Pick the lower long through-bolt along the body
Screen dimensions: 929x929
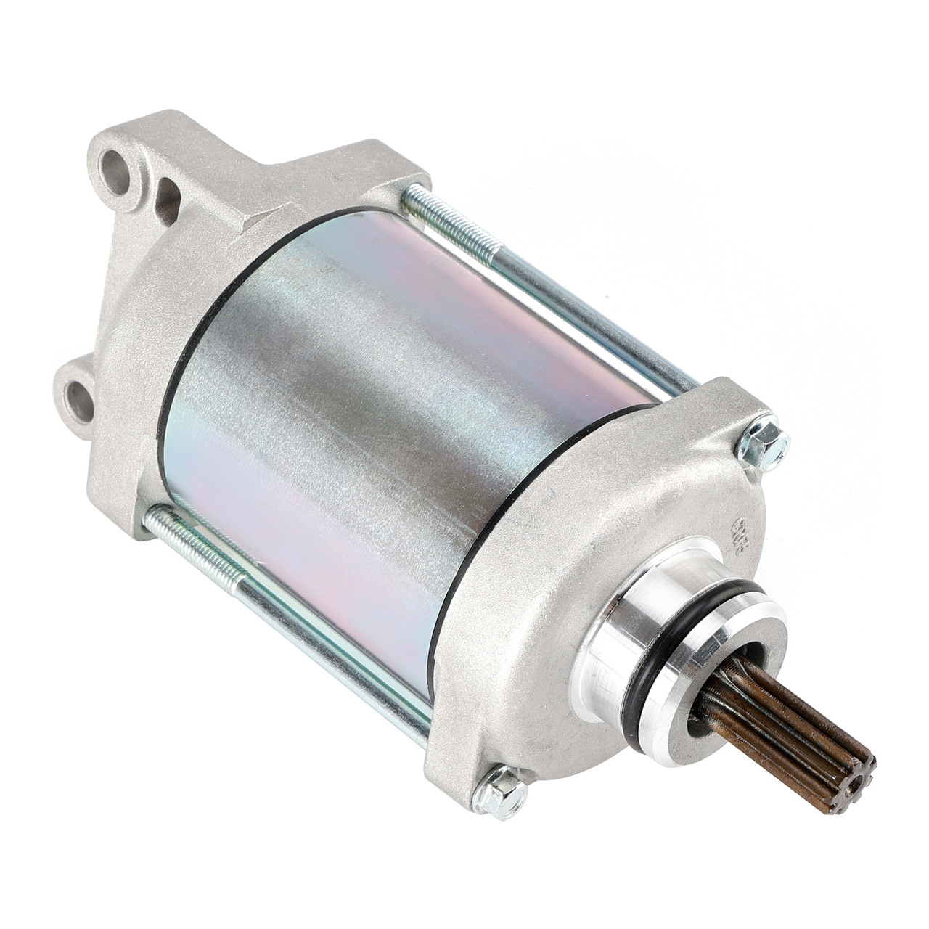click(290, 602)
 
